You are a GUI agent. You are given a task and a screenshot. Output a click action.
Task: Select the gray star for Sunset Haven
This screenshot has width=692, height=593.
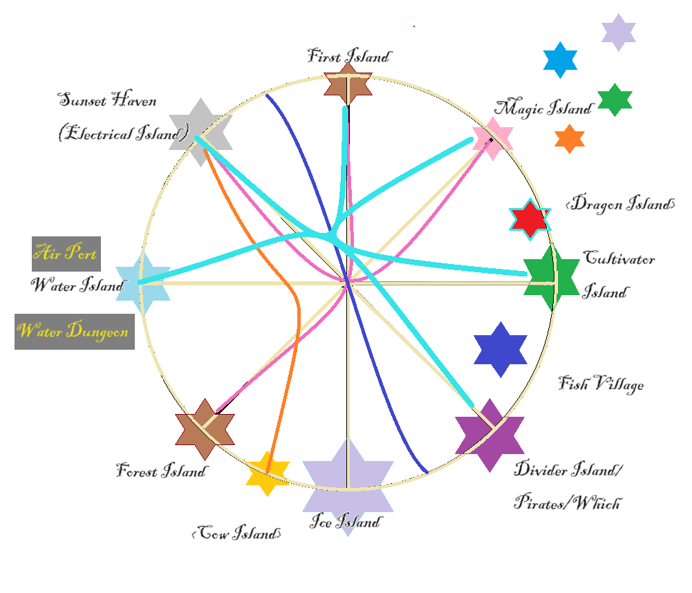point(200,131)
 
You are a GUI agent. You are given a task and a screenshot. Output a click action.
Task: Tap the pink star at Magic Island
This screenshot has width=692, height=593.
point(492,138)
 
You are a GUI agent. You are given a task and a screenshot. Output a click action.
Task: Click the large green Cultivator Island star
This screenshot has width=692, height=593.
point(551,278)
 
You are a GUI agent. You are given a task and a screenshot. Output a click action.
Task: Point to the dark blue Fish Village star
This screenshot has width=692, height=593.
point(501,349)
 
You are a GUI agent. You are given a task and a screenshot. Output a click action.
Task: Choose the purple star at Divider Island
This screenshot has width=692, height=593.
point(489,435)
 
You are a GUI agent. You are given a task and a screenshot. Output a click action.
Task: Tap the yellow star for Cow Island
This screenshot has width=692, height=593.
point(267,473)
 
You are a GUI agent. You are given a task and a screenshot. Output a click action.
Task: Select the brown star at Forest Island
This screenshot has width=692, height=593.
point(205,429)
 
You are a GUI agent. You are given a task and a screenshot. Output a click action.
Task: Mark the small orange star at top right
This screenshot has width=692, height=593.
point(570,139)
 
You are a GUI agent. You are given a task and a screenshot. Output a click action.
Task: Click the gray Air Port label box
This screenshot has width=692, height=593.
point(66,254)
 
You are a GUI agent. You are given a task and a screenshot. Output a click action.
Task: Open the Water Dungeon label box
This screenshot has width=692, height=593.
point(74,331)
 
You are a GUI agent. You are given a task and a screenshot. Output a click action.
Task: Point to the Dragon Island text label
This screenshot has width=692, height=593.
point(619,204)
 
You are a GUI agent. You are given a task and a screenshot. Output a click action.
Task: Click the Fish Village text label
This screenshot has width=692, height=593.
point(601,384)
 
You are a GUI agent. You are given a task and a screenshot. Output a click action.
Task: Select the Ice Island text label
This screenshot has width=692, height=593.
point(344,521)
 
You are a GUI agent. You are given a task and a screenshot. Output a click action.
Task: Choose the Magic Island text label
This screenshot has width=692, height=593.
point(543,108)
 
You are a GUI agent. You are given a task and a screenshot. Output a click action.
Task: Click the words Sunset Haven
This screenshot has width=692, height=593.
point(108,101)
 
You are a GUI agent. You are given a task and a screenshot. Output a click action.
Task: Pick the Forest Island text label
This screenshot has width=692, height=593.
point(161,472)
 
